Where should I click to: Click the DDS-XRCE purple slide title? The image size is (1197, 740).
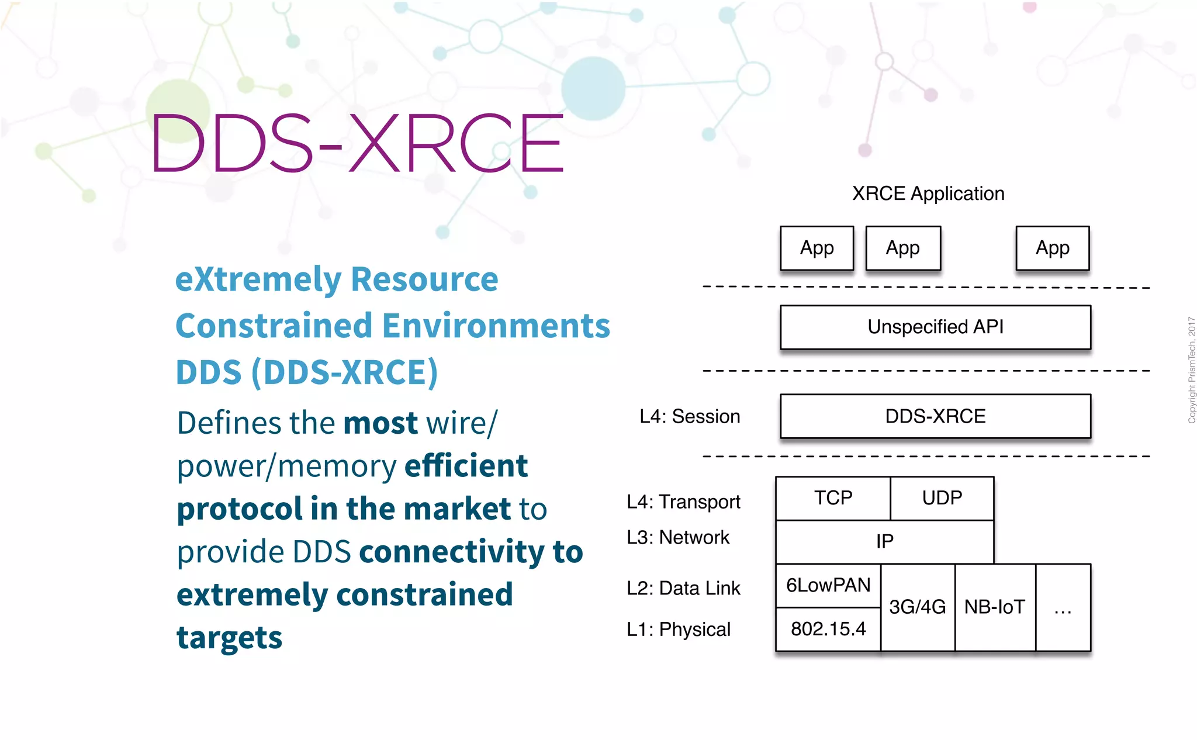(357, 144)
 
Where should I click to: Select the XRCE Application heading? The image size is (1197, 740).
(928, 193)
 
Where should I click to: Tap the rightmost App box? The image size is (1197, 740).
(1052, 248)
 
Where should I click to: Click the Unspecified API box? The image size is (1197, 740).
(935, 327)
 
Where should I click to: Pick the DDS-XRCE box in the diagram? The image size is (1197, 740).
(935, 416)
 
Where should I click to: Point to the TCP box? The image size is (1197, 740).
(833, 498)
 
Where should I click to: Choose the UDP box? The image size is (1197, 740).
(942, 498)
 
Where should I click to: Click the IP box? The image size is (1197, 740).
(884, 541)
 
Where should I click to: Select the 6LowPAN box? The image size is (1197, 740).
(828, 585)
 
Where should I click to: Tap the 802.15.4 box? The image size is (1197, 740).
(828, 629)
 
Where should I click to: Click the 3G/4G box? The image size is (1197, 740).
(917, 607)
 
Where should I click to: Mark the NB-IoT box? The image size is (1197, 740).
(995, 607)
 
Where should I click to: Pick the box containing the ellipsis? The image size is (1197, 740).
(1063, 608)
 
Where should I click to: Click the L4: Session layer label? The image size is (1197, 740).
(690, 416)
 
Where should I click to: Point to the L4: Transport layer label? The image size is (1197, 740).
(683, 502)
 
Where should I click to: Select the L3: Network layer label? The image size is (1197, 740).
(678, 537)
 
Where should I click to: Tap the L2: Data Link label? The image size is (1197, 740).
(683, 588)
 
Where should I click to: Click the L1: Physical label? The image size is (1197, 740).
(679, 630)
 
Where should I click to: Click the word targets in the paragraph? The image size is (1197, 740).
(229, 638)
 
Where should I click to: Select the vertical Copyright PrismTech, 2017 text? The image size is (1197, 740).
(1191, 370)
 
